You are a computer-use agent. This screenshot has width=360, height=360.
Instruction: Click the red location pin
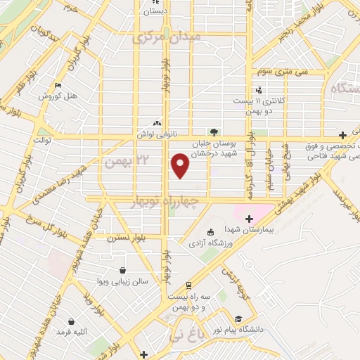click(x=181, y=165)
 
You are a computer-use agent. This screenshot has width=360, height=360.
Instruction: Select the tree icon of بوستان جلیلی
click(x=214, y=131)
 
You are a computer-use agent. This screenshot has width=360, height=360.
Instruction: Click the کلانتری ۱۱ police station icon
click(x=259, y=89)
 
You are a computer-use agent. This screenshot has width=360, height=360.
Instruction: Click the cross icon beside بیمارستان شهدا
click(x=248, y=220)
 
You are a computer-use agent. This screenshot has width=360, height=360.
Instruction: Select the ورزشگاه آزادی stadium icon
click(x=209, y=233)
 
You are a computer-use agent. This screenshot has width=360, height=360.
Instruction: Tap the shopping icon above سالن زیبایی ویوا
click(x=123, y=270)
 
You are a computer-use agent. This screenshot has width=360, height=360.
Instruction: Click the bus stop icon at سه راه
click(x=189, y=285)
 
